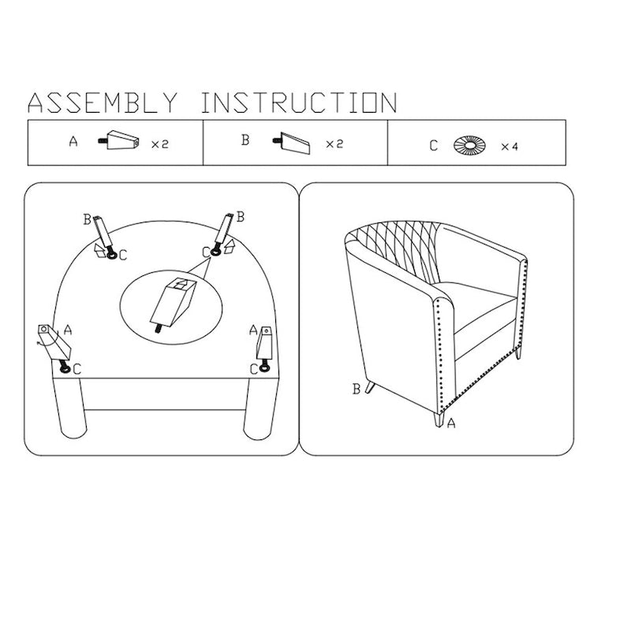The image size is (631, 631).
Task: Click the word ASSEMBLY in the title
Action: pyautogui.click(x=103, y=103)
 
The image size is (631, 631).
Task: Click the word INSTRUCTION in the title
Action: pyautogui.click(x=300, y=103)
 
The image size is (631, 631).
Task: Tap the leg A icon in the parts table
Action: pyautogui.click(x=119, y=140)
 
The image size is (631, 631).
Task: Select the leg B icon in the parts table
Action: pyautogui.click(x=292, y=143)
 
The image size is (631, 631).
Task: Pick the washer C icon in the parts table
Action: pyautogui.click(x=469, y=145)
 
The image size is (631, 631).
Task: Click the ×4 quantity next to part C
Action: pyautogui.click(x=510, y=147)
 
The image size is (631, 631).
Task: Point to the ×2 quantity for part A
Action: pyautogui.click(x=160, y=144)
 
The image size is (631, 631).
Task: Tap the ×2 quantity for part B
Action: pyautogui.click(x=334, y=144)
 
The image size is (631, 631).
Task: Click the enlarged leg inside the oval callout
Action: pyautogui.click(x=173, y=304)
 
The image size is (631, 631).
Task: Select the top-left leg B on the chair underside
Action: pyautogui.click(x=103, y=233)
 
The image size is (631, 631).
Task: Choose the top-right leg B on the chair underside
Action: pyautogui.click(x=225, y=231)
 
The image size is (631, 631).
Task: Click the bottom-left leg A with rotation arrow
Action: pyautogui.click(x=54, y=343)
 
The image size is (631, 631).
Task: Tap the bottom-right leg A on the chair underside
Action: pyautogui.click(x=264, y=344)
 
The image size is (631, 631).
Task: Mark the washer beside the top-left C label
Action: pyautogui.click(x=111, y=255)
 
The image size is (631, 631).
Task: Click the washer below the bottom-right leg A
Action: pyautogui.click(x=264, y=367)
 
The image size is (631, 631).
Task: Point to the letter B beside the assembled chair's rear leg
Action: pyautogui.click(x=357, y=389)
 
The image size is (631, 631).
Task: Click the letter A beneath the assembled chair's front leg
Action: pyautogui.click(x=451, y=423)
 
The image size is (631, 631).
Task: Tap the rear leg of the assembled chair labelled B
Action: pyautogui.click(x=370, y=386)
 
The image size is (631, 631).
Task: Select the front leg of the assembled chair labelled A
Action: pyautogui.click(x=439, y=419)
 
